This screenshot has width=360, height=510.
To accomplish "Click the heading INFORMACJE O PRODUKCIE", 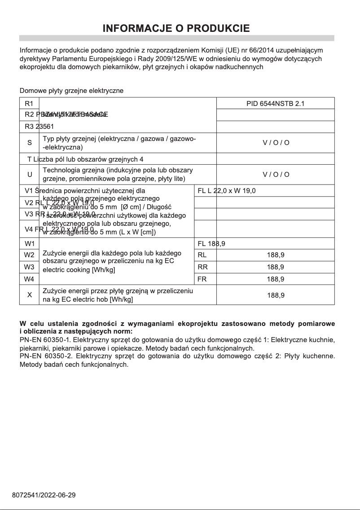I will tap(176, 29).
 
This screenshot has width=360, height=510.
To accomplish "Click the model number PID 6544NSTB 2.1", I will tap(275, 103).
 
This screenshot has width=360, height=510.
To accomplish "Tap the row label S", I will tap(30, 143).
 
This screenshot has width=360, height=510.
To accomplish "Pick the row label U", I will tap(30, 174).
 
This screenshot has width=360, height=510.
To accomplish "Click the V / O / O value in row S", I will tap(276, 143).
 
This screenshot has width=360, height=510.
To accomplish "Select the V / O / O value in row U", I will tap(276, 174).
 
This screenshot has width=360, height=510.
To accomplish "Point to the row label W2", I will tap(29, 255).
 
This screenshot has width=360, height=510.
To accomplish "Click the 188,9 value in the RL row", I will tap(275, 255).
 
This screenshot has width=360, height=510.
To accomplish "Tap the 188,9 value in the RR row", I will tap(275, 267).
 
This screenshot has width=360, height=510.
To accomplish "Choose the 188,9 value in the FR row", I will tap(275, 279).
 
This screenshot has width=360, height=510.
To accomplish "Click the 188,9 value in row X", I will tap(275, 295).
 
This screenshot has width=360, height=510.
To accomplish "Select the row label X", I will tap(30, 295).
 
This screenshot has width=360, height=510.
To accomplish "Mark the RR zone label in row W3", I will tap(202, 267).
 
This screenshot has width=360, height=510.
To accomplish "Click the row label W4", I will tap(29, 279).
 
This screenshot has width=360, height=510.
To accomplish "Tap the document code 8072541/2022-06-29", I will tap(44, 495).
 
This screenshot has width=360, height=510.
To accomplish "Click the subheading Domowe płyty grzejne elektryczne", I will tap(71, 91).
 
